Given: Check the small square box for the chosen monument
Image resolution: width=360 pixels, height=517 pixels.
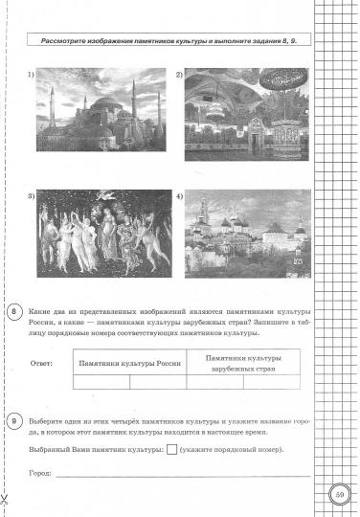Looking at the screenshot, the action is [171, 450].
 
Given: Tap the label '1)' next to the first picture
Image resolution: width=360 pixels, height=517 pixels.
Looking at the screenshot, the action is [31, 75].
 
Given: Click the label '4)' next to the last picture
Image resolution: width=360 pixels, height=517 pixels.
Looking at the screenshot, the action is [178, 196].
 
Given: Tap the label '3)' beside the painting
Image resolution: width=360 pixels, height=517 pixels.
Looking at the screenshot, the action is [31, 196].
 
